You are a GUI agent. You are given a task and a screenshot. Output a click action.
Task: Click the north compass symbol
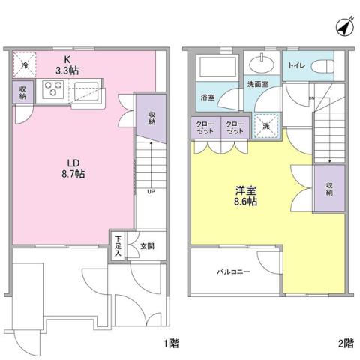coord(343,26)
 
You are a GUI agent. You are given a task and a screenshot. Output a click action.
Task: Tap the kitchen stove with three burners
coord(55,90)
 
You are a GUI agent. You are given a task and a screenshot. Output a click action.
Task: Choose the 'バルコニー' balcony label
coord(234,271)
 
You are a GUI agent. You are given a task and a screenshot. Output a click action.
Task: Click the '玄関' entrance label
coord(136,244)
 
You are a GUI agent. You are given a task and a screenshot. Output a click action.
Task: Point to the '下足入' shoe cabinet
coord(118,246)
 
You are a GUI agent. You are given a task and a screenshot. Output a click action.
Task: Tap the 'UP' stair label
coord(151,190)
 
